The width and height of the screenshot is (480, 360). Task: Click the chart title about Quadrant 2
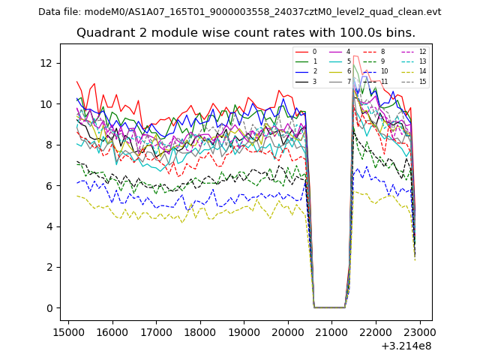[x=246, y=33]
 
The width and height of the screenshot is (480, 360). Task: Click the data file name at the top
[x=239, y=12]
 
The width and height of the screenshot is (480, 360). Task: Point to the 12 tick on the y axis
[x=49, y=63]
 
